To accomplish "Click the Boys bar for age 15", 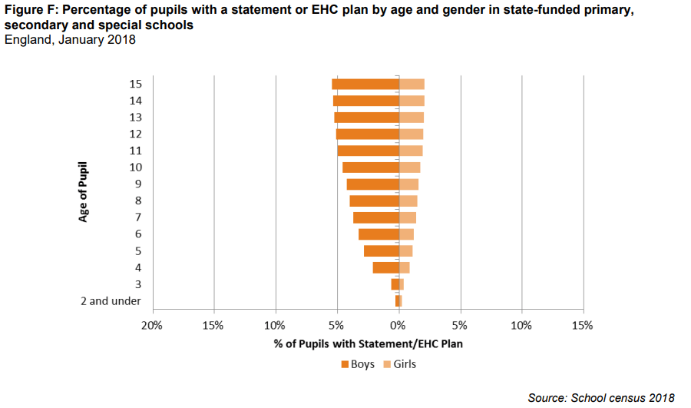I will tap(365, 85).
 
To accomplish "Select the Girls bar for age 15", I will tap(412, 85).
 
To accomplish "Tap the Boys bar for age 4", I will tap(385, 267).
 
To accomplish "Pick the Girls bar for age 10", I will tap(409, 168).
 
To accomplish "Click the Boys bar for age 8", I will tap(374, 201).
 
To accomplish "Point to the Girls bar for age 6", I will tap(406, 234).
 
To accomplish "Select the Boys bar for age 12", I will tap(368, 134).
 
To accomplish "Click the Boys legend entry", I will tap(357, 364).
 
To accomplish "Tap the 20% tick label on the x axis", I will tap(152, 325).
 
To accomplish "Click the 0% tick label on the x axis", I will tap(398, 325).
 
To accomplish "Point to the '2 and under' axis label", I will tap(111, 301).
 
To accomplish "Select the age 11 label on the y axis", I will tap(135, 151).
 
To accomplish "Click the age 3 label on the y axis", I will tap(137, 284).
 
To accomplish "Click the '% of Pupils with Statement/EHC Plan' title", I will tap(368, 343).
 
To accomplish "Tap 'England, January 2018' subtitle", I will tap(70, 40).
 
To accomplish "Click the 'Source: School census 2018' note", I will tap(601, 397).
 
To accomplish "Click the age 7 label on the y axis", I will tap(137, 217).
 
